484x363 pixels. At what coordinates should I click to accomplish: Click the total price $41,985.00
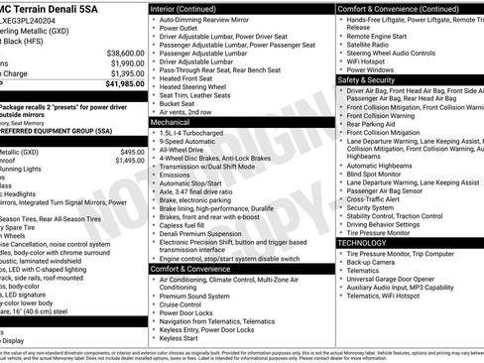coord(117,84)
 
